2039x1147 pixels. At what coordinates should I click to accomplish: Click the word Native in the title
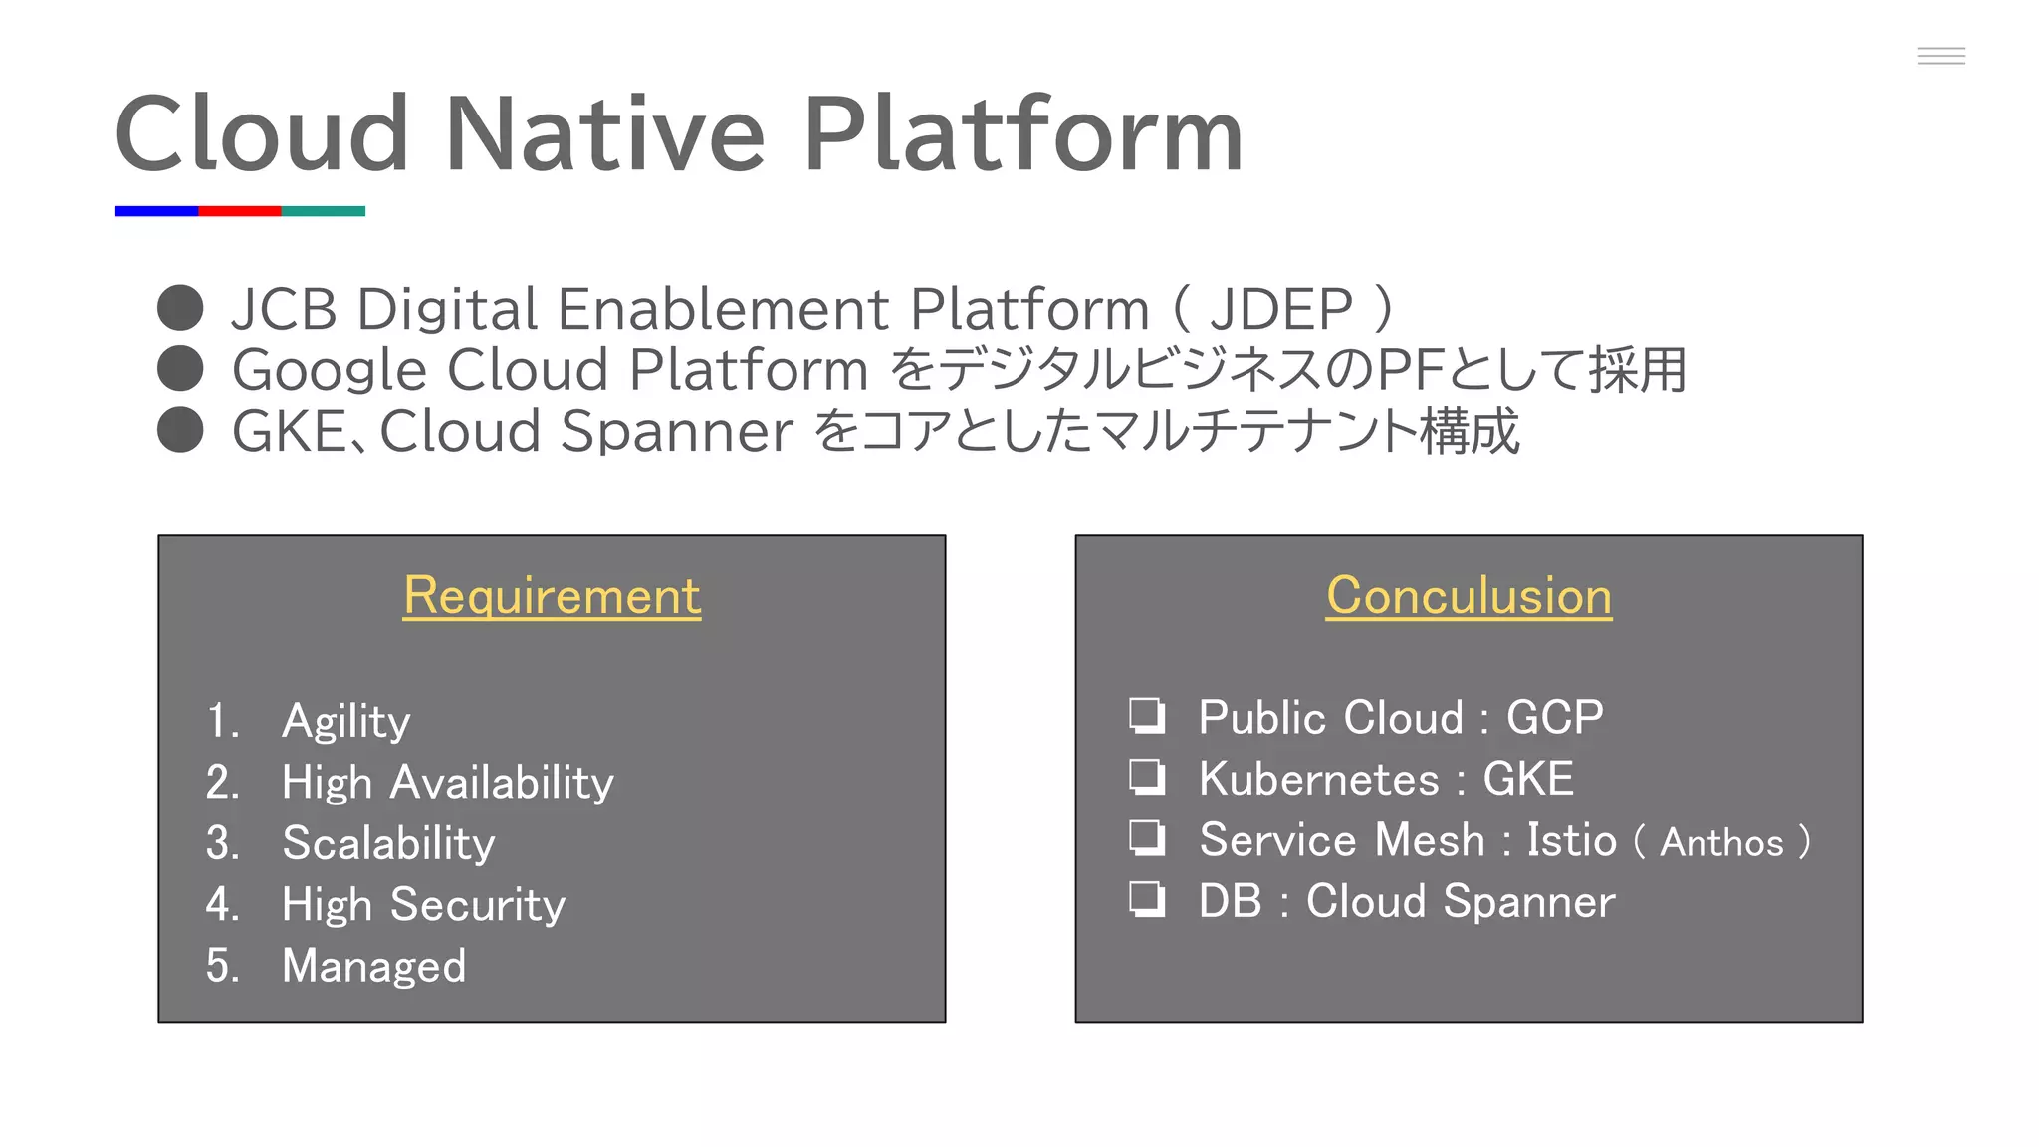click(604, 134)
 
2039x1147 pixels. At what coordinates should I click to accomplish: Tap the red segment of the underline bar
click(240, 211)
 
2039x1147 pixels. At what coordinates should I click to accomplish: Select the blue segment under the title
click(156, 211)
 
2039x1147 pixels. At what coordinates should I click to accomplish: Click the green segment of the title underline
click(324, 211)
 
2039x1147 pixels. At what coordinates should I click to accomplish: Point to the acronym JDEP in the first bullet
click(1280, 309)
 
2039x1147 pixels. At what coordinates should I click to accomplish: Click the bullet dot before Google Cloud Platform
click(180, 369)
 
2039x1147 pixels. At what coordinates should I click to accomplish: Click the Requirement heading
click(552, 596)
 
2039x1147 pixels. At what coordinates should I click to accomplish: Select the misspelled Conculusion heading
click(1469, 596)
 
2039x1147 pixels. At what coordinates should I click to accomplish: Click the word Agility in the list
click(345, 721)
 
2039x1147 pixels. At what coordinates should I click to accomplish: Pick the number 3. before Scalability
click(222, 843)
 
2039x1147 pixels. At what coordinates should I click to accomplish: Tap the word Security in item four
click(477, 905)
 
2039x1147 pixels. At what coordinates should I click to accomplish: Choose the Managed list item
click(373, 966)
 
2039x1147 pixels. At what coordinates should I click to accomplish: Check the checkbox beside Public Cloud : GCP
click(1147, 715)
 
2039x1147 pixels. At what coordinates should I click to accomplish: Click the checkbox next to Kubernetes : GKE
click(1147, 777)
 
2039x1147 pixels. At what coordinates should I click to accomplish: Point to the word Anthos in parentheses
click(1721, 843)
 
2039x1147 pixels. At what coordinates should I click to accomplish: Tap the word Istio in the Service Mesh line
click(1571, 840)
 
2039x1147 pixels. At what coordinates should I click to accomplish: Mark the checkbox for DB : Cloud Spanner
click(1147, 899)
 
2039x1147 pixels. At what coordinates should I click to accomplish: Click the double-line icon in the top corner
click(1940, 56)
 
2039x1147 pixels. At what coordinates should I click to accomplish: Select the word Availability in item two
click(502, 783)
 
